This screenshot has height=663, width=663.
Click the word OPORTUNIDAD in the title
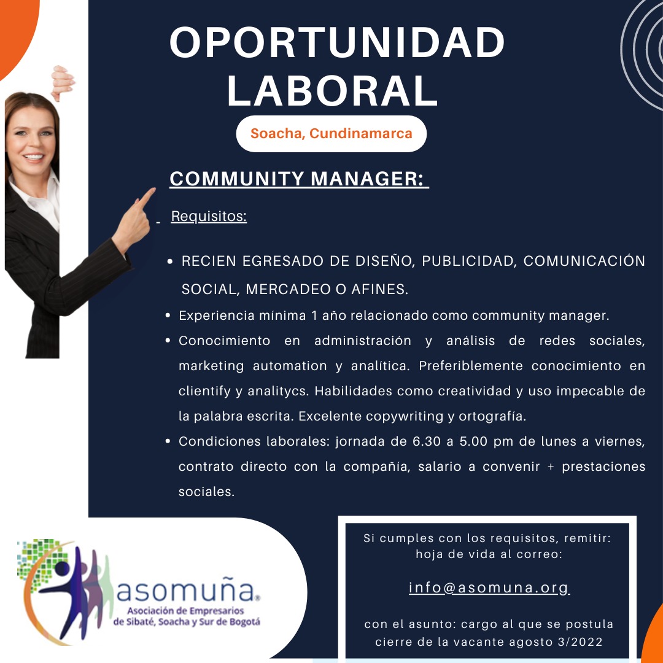(337, 42)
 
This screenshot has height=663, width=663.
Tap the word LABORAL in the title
(332, 90)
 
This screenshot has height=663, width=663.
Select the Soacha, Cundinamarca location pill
(331, 134)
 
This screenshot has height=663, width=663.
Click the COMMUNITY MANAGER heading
(299, 179)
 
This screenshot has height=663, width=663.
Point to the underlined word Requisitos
(209, 216)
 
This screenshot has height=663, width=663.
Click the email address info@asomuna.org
(489, 587)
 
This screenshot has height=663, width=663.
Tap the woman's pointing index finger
(146, 196)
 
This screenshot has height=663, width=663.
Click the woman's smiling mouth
(33, 157)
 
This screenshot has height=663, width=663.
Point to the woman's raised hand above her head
(62, 82)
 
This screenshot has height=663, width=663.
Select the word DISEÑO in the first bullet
(382, 261)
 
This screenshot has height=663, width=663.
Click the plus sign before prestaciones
(551, 467)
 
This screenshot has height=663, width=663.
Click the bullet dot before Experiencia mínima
(168, 316)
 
